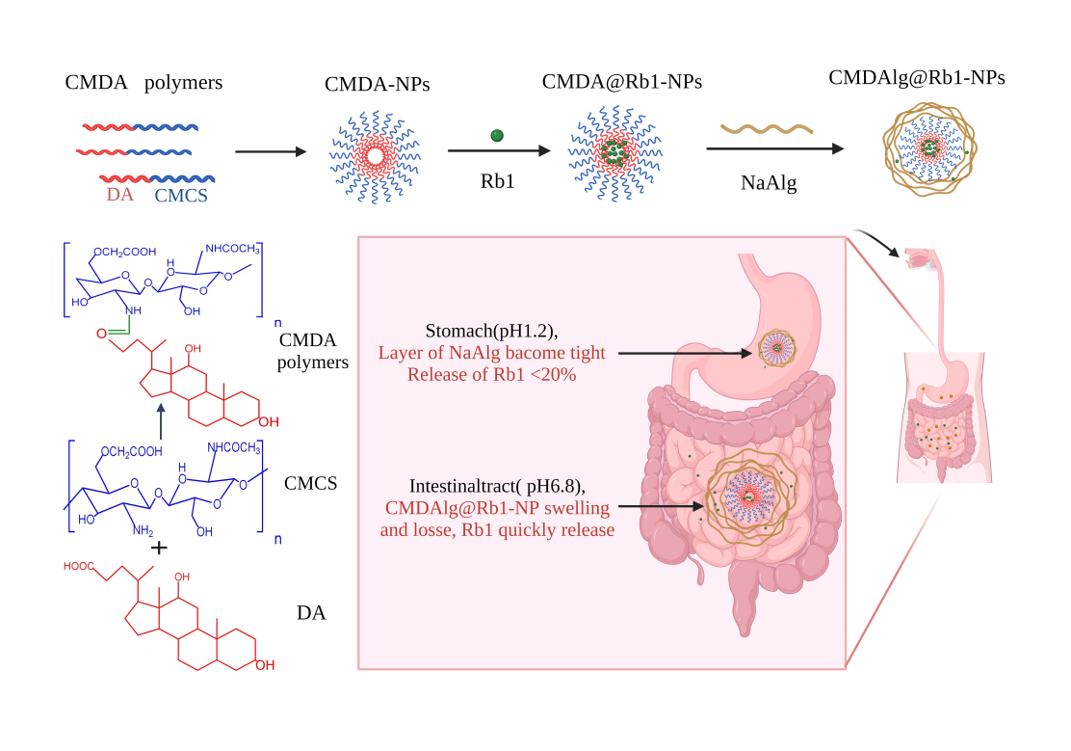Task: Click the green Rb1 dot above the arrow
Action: coord(497,136)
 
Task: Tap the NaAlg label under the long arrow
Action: coord(769,182)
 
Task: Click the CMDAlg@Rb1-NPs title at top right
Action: coord(917,78)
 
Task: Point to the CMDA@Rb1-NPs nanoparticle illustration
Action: coord(614,151)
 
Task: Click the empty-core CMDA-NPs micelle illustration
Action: coord(376,154)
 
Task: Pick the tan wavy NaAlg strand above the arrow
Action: coord(768,128)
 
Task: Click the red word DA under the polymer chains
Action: coord(120,196)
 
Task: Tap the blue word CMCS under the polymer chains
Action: coord(181,196)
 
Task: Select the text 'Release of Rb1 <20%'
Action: coord(491,374)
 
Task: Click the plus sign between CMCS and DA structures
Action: coord(159,547)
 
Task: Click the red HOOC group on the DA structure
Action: coord(78,566)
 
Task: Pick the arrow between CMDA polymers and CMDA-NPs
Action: coord(271,151)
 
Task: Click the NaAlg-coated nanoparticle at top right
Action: coord(929,148)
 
